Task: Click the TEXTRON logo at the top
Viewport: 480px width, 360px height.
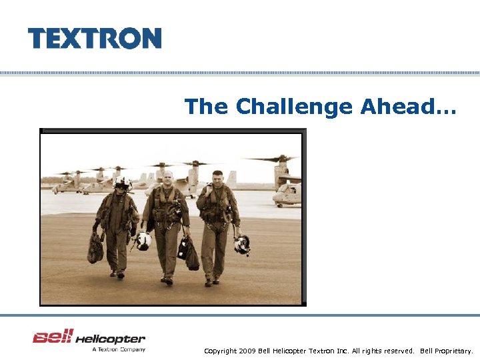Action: (x=95, y=38)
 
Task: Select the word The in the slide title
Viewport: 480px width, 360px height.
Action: (x=207, y=106)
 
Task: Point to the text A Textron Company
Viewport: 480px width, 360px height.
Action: (x=119, y=349)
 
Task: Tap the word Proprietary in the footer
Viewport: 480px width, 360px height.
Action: (x=453, y=351)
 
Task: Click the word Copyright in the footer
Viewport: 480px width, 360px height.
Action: (x=220, y=351)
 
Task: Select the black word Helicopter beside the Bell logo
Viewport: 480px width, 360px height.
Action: (x=110, y=339)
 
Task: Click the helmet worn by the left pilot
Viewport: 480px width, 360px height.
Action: (x=123, y=183)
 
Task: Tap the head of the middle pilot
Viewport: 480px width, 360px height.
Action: (x=168, y=178)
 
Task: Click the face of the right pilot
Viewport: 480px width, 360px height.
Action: (x=217, y=178)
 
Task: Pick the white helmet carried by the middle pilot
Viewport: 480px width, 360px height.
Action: (x=143, y=241)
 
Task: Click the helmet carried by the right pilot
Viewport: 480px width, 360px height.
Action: (x=242, y=245)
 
